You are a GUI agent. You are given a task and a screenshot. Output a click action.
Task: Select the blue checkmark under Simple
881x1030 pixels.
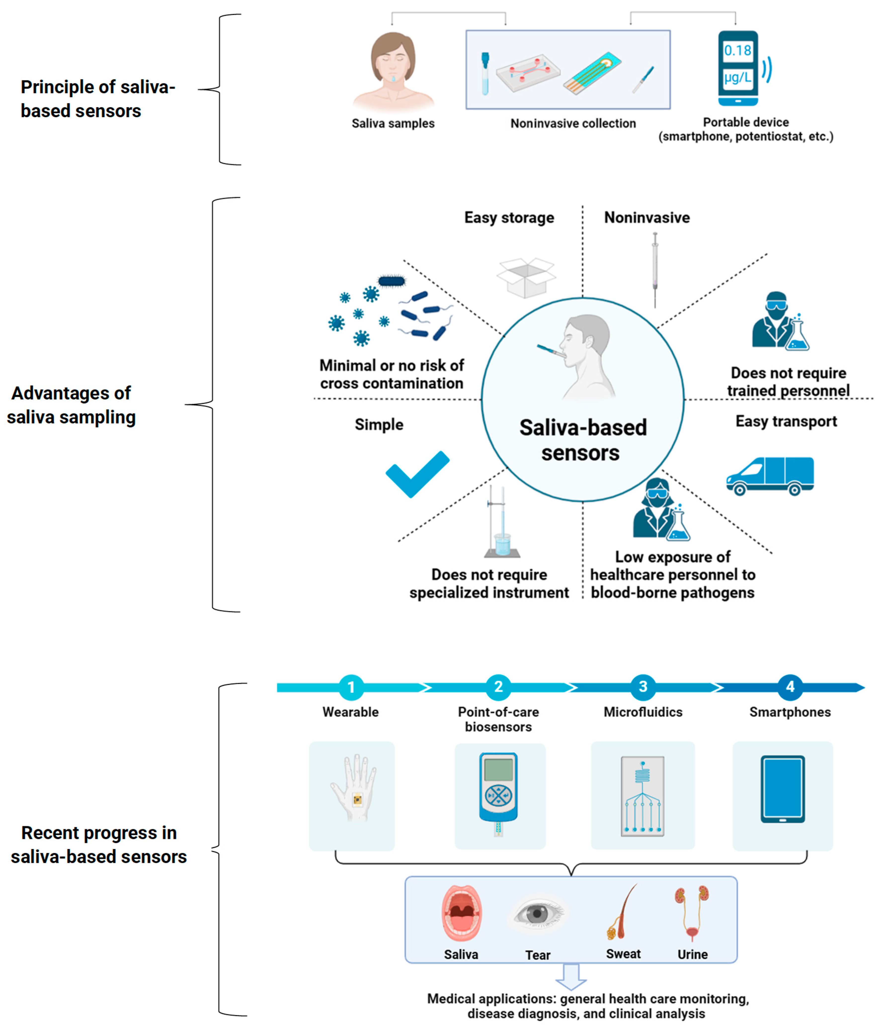[417, 474]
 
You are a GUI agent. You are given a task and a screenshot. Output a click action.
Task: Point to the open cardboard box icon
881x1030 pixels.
[526, 277]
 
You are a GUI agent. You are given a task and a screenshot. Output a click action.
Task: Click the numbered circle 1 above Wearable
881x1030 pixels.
[351, 687]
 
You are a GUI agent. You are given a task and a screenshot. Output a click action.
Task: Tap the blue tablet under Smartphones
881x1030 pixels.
[783, 789]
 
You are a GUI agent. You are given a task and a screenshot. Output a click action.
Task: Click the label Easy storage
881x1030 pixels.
[509, 218]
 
